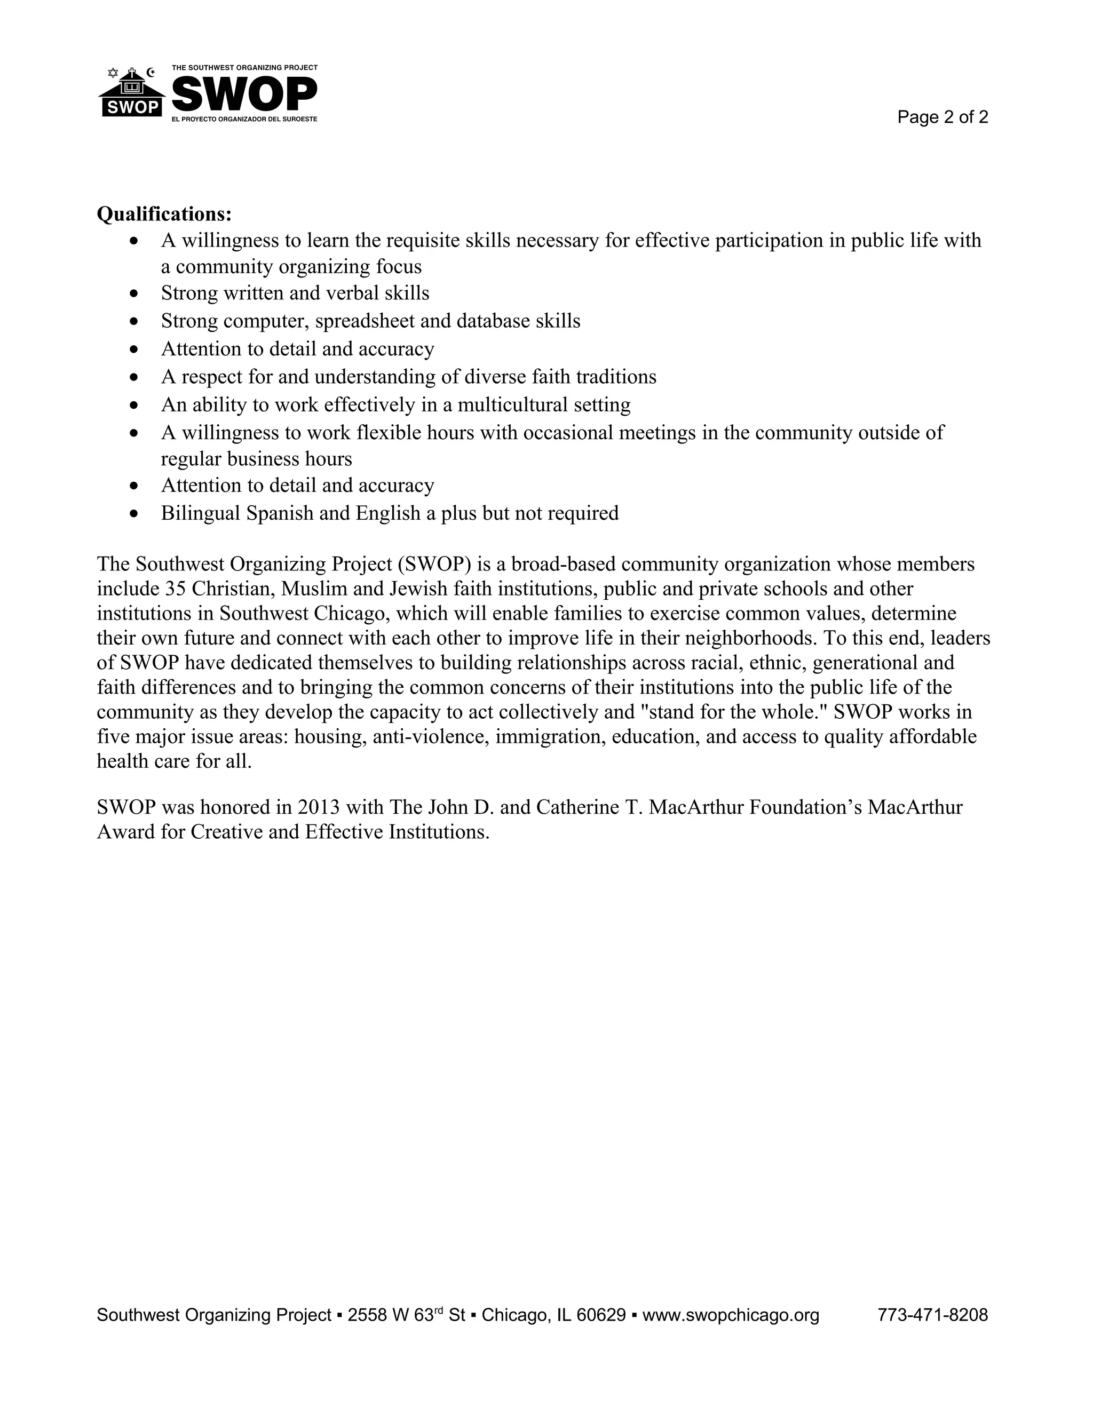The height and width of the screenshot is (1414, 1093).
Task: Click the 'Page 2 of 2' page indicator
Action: click(942, 117)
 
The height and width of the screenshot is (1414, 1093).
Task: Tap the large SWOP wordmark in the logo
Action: click(244, 94)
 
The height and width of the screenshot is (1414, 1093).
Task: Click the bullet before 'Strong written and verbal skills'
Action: click(134, 294)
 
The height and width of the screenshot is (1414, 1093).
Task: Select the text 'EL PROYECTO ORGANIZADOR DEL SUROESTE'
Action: click(244, 120)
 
